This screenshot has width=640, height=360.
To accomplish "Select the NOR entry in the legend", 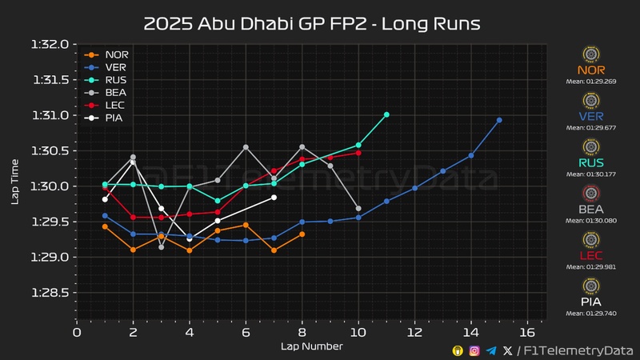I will pos(116,55).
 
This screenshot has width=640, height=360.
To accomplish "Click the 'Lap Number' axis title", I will pos(311,346).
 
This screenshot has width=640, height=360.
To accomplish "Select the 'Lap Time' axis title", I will pos(15,181).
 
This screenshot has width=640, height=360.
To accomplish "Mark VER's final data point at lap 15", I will pos(499,120).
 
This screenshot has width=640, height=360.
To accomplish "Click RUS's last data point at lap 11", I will pos(386,114).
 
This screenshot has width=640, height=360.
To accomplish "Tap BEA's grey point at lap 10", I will pos(358,208).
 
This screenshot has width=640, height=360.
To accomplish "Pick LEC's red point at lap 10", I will pos(358,152).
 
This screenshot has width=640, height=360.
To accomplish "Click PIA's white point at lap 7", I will pos(274,197).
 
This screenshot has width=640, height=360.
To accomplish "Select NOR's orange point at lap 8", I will pos(302,234).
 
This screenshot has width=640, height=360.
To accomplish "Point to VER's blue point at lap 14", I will pos(471,155).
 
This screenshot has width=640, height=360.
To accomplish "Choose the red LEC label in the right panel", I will pos(591,255).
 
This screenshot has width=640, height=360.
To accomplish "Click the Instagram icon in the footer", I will pos(474,350).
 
